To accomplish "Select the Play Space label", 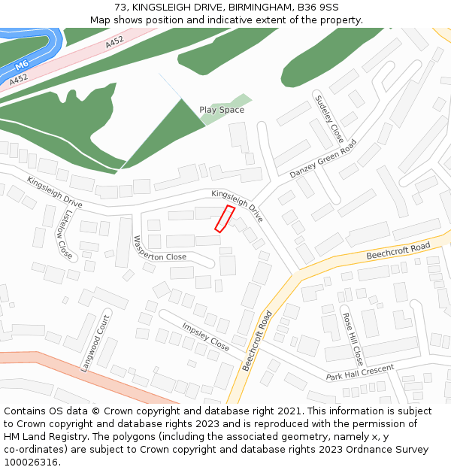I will click(x=222, y=110).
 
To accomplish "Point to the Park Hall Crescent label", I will click(x=360, y=372).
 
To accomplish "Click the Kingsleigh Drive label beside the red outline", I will click(x=238, y=205).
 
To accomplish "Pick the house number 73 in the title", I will click(x=120, y=8).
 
